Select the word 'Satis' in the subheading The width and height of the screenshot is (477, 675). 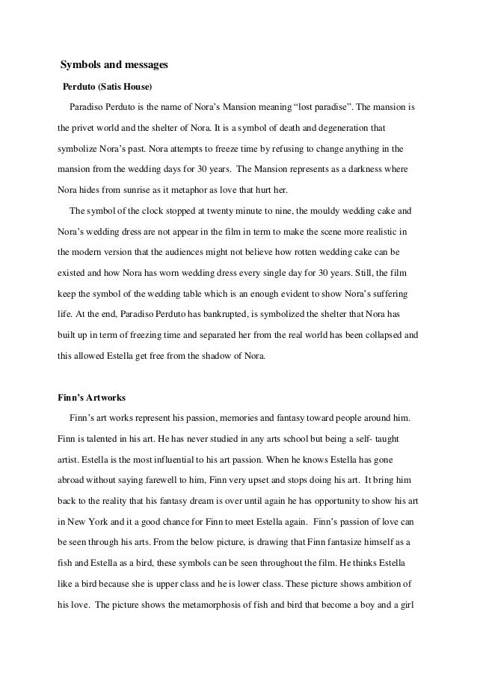116,87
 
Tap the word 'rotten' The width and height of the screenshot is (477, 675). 289,253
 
